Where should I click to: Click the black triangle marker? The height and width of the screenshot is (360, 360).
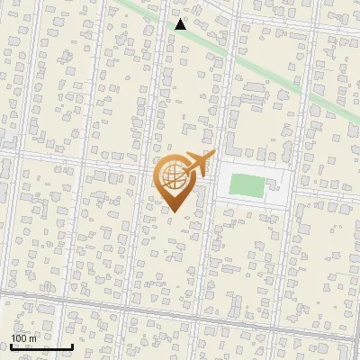pyautogui.click(x=181, y=24)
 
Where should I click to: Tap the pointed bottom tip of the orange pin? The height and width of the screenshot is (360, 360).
pyautogui.click(x=174, y=212)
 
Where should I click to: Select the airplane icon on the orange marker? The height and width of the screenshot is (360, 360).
pyautogui.click(x=196, y=164)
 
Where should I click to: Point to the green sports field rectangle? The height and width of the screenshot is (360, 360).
pyautogui.click(x=247, y=186)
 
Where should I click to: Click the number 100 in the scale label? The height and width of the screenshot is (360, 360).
pyautogui.click(x=18, y=337)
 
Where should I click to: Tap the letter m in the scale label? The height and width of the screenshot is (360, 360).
pyautogui.click(x=32, y=337)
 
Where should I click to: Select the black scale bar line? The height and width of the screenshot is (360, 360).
pyautogui.click(x=41, y=346)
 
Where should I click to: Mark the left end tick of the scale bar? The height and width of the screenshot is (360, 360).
pyautogui.click(x=11, y=346)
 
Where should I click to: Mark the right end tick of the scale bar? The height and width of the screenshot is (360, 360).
pyautogui.click(x=72, y=346)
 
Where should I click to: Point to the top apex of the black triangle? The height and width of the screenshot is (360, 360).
pyautogui.click(x=181, y=19)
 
